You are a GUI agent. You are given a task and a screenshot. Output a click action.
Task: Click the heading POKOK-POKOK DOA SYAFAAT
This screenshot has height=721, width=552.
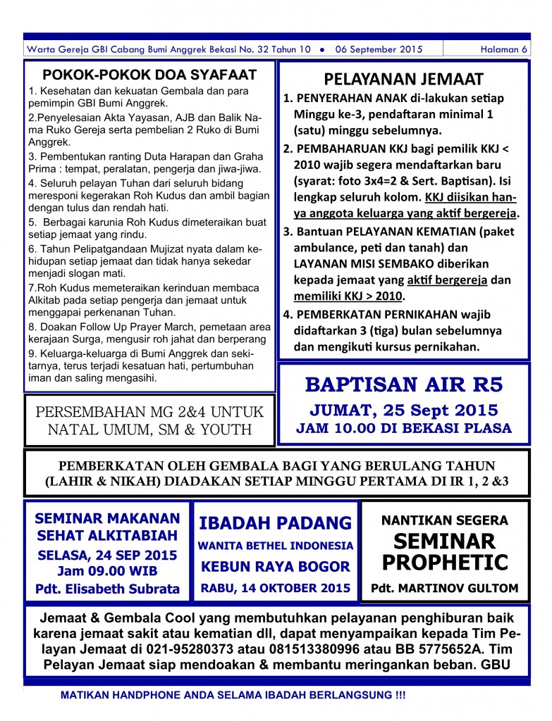(x=149, y=75)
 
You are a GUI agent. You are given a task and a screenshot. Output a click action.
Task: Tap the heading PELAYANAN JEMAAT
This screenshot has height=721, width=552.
(x=403, y=78)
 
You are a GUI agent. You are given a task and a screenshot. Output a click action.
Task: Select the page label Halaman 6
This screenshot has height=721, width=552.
(x=503, y=49)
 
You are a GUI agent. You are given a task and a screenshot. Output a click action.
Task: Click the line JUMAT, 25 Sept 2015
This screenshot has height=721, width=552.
(x=403, y=410)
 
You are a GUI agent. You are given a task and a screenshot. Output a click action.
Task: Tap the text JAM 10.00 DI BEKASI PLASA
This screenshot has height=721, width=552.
(x=403, y=427)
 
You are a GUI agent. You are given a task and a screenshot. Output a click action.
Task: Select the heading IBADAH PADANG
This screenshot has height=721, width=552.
(x=275, y=522)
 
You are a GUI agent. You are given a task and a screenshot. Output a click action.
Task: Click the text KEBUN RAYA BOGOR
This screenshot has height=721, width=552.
(x=275, y=566)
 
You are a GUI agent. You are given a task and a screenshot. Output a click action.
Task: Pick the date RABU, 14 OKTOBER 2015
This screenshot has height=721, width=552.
(x=275, y=587)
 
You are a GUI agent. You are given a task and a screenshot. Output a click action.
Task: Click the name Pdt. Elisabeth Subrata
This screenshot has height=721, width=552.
(x=107, y=589)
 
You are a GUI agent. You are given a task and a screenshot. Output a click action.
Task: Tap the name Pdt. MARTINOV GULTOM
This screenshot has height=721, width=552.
(x=444, y=588)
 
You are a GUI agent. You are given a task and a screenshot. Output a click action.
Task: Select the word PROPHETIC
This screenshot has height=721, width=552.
(x=444, y=563)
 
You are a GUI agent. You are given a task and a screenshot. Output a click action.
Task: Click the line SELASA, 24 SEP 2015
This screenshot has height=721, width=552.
(x=107, y=555)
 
